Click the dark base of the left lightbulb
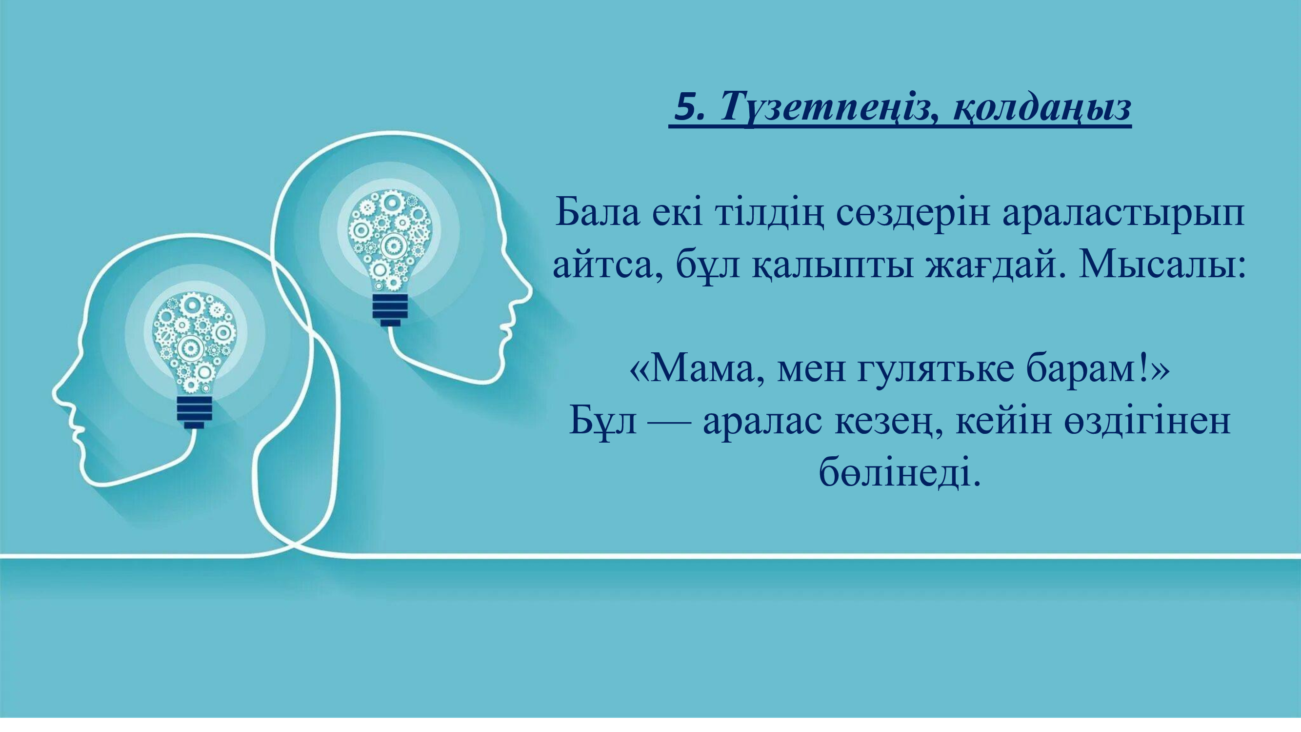(195, 412)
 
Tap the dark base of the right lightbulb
(390, 310)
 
